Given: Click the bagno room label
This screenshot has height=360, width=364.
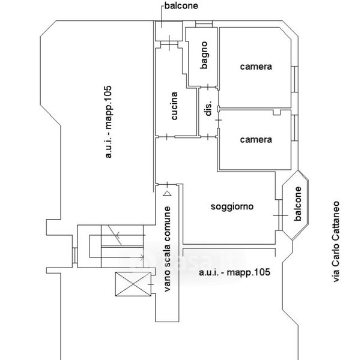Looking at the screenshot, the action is click(204, 55).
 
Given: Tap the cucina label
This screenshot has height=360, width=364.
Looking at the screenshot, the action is click(174, 106).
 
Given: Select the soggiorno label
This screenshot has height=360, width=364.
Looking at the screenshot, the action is click(232, 206).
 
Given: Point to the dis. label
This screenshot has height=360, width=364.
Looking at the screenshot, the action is click(208, 108).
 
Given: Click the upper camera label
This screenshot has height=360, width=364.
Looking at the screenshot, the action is click(256, 67).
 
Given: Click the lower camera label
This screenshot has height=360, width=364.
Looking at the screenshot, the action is click(256, 140).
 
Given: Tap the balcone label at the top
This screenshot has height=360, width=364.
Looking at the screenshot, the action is click(181, 5).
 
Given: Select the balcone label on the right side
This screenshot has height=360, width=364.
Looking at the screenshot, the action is click(297, 203).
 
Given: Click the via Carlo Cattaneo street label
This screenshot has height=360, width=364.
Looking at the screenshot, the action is click(336, 242).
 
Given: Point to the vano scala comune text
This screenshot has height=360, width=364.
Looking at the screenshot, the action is click(167, 249).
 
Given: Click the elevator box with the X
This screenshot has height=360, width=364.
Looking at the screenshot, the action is click(133, 284).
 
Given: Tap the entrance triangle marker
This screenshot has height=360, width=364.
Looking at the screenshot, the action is click(167, 193).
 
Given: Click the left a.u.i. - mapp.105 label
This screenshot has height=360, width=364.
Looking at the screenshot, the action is click(108, 122).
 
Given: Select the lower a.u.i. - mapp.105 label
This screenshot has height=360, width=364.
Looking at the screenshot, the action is click(234, 272).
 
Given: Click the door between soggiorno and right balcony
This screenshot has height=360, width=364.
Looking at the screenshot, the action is click(281, 215).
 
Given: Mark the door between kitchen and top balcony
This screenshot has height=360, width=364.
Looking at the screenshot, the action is click(169, 43).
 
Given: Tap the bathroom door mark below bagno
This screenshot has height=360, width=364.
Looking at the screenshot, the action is click(208, 87).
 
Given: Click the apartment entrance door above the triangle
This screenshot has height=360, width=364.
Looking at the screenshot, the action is click(168, 185).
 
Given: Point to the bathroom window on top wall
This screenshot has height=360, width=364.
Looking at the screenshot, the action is click(204, 24).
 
